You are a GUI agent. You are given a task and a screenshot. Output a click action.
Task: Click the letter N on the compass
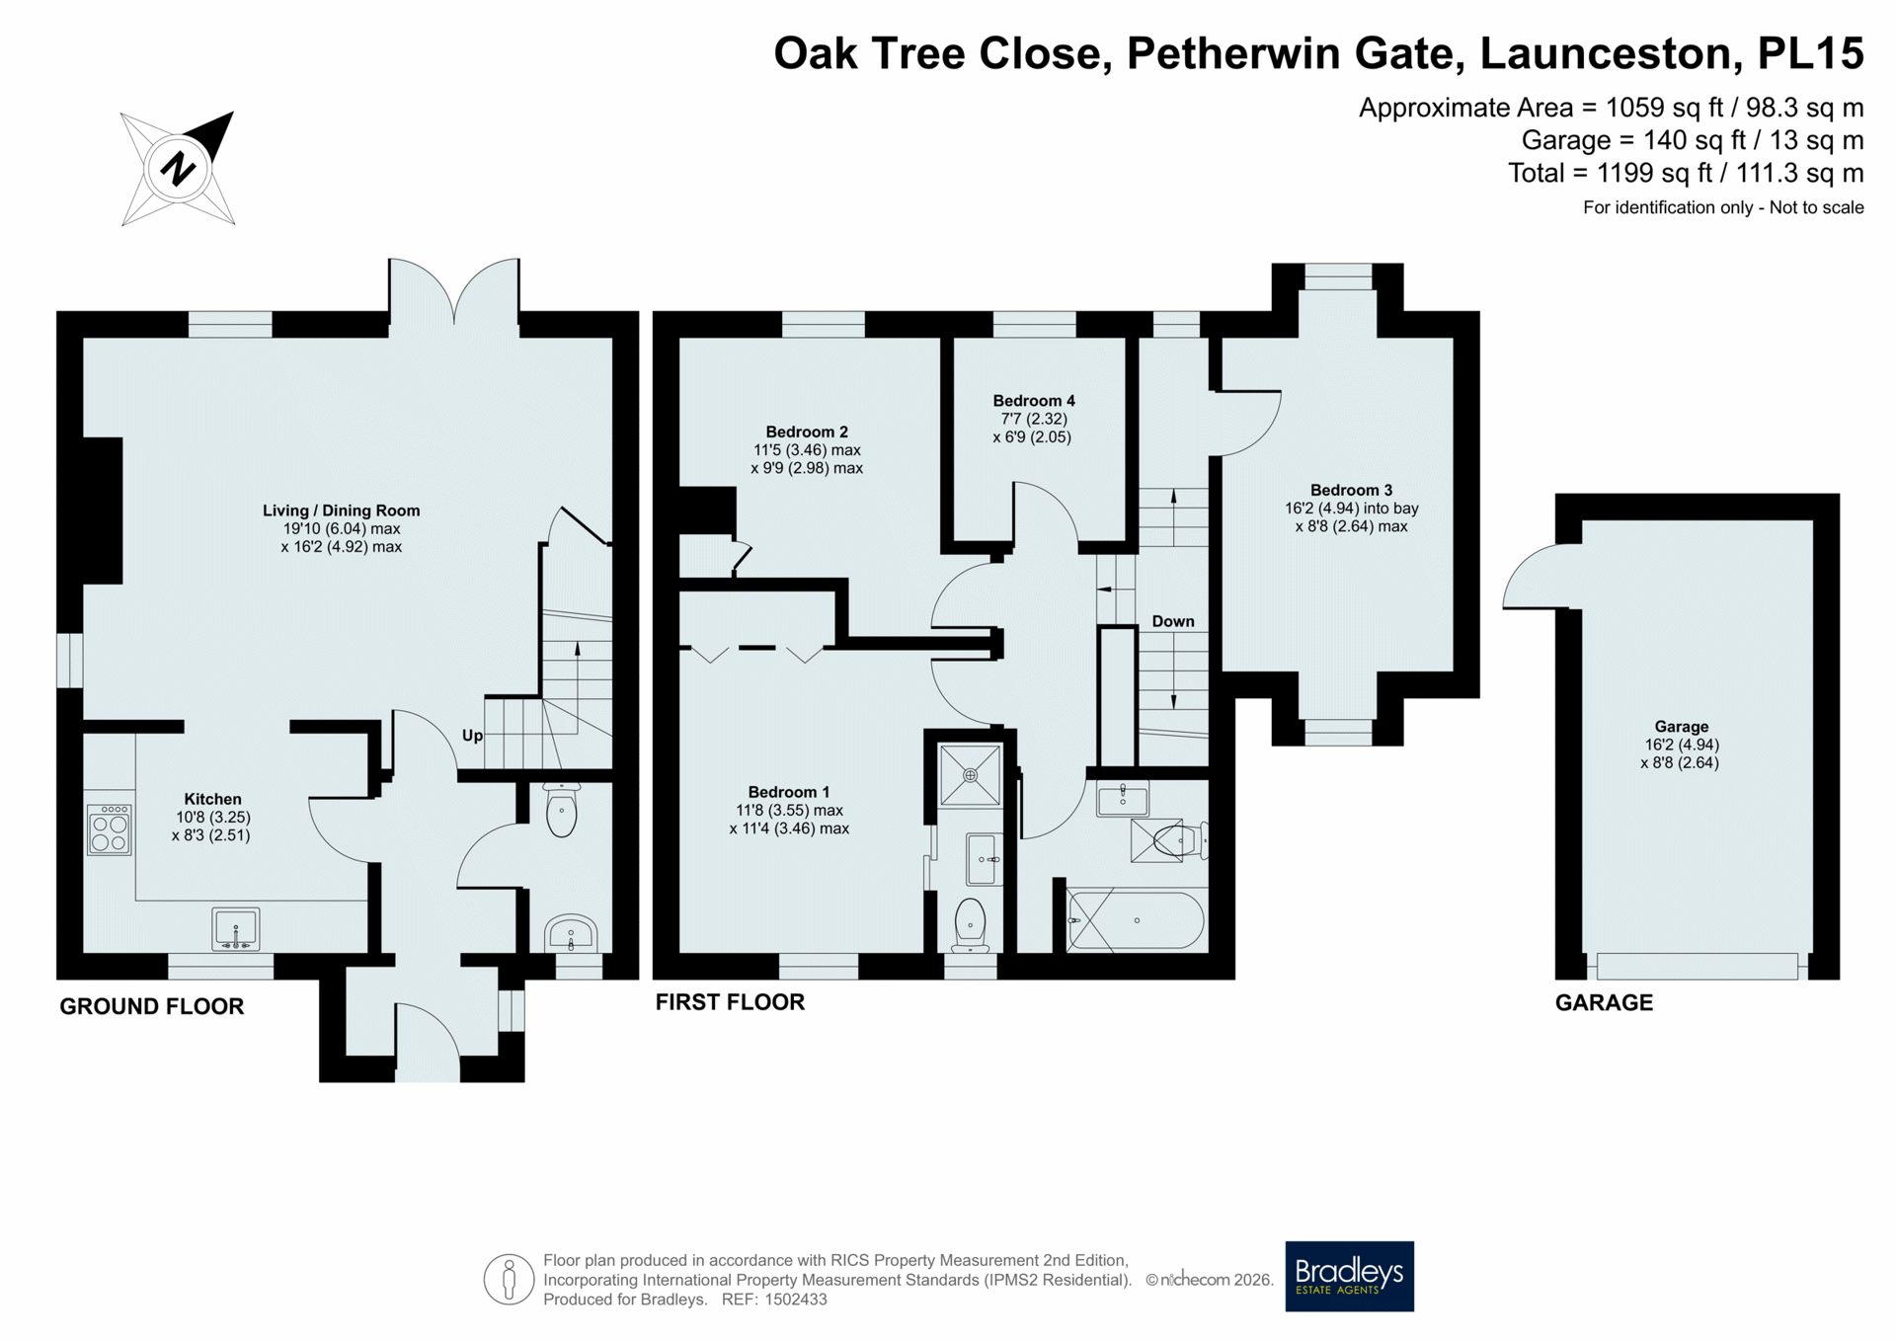click(178, 168)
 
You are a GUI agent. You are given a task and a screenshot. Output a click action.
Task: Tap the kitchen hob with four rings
click(109, 829)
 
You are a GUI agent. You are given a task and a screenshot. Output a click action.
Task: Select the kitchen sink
click(236, 929)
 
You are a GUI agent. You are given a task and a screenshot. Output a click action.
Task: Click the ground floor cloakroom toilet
click(562, 810)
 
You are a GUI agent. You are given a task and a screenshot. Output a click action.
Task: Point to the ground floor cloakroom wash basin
click(571, 933)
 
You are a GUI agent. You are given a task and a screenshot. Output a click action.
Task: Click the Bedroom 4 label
click(1034, 401)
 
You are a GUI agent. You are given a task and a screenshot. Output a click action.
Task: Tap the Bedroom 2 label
click(807, 432)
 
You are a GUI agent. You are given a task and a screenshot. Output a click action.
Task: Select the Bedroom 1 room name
click(789, 792)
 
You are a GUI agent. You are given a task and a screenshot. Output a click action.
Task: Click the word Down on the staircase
click(1173, 621)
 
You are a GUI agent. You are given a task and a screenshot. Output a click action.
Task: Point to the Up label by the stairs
click(473, 736)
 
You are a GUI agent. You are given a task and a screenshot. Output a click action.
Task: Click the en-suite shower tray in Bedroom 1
click(970, 775)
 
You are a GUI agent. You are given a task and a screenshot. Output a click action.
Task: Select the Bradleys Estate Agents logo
click(1349, 1276)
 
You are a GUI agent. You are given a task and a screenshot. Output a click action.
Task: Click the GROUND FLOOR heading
click(152, 1006)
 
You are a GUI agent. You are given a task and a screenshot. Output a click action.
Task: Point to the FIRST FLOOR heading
click(730, 1002)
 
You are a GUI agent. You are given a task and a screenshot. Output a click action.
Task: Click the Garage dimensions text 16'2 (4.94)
click(1682, 745)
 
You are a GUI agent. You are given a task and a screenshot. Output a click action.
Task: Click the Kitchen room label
click(212, 799)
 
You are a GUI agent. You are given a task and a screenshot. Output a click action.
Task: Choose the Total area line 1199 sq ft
click(1686, 173)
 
